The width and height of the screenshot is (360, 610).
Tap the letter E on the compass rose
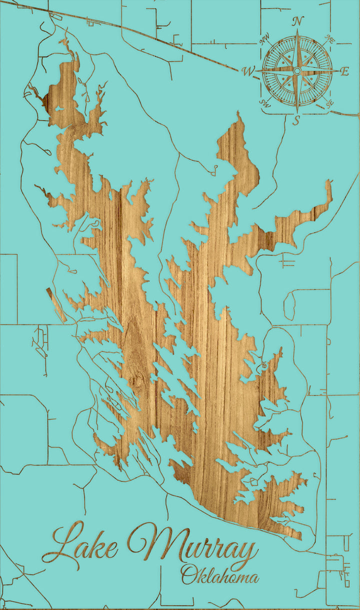pos(344,71)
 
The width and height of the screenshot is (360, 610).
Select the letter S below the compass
pos(296,120)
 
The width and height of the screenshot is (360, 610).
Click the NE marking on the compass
pos(329,39)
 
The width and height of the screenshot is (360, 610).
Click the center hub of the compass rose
pos(297,71)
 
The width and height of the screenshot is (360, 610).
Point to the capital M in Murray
pos(150,542)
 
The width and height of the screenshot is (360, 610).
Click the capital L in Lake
pos(62,542)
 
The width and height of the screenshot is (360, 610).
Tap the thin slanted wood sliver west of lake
pos(56,304)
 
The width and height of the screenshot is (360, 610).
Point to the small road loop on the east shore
pos(264,366)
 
